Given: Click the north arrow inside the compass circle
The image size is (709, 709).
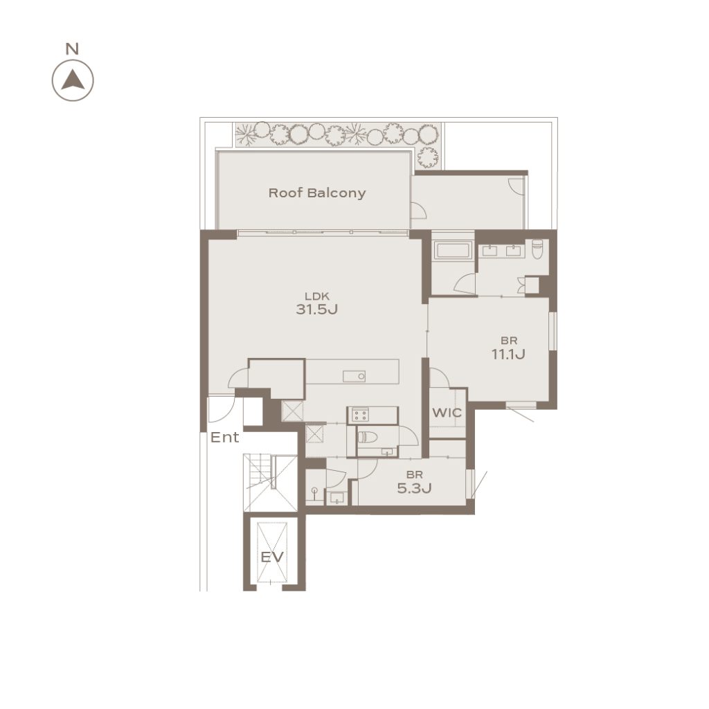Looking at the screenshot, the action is point(73,80).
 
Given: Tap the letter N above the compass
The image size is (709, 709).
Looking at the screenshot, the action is point(72,49).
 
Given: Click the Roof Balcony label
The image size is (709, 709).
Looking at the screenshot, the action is point(317,193).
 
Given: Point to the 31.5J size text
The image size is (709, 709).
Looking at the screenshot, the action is point(317,309).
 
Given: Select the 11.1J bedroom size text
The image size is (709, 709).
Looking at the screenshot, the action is point(508,354).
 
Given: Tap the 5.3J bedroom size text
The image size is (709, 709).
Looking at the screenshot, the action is point(414,488).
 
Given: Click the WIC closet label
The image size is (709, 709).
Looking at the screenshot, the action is point(447,413).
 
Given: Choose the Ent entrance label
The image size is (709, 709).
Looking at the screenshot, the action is point(225,438).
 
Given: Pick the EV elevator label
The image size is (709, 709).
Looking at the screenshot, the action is point(272,557).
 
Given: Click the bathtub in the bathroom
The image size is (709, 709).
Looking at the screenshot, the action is point(453,249).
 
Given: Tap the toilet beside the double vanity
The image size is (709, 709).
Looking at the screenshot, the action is point(537,249).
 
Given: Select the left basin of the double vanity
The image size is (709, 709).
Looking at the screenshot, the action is point(490,251).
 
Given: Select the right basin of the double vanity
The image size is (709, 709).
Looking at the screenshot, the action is point(514,251).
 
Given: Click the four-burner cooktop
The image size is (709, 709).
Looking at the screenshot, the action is point(360,415).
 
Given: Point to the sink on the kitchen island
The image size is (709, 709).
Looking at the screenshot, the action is point(354,376).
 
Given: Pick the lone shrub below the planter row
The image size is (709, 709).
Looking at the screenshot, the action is point(427,157).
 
